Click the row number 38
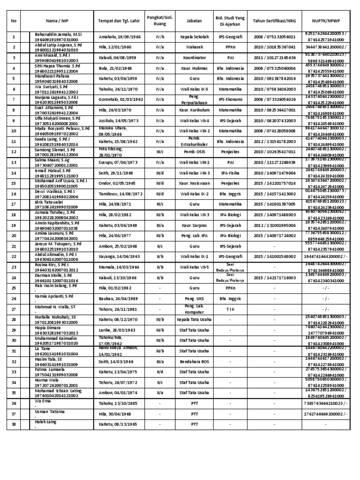coord(14,424)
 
